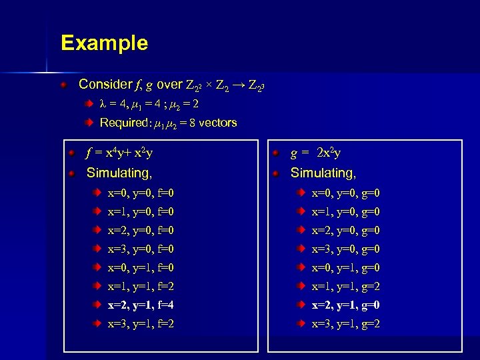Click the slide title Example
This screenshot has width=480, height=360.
104,43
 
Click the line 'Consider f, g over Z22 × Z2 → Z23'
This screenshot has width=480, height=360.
174,85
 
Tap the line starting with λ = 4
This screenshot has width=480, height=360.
149,104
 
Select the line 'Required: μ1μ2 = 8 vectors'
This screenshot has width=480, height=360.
168,123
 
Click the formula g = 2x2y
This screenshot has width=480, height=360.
315,154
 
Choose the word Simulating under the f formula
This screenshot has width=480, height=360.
119,173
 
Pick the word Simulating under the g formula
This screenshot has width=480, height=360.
323,173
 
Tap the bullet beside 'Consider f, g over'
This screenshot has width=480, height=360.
63,85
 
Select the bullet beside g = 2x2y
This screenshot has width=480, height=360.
277,155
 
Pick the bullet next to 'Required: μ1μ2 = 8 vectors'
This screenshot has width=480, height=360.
89,123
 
